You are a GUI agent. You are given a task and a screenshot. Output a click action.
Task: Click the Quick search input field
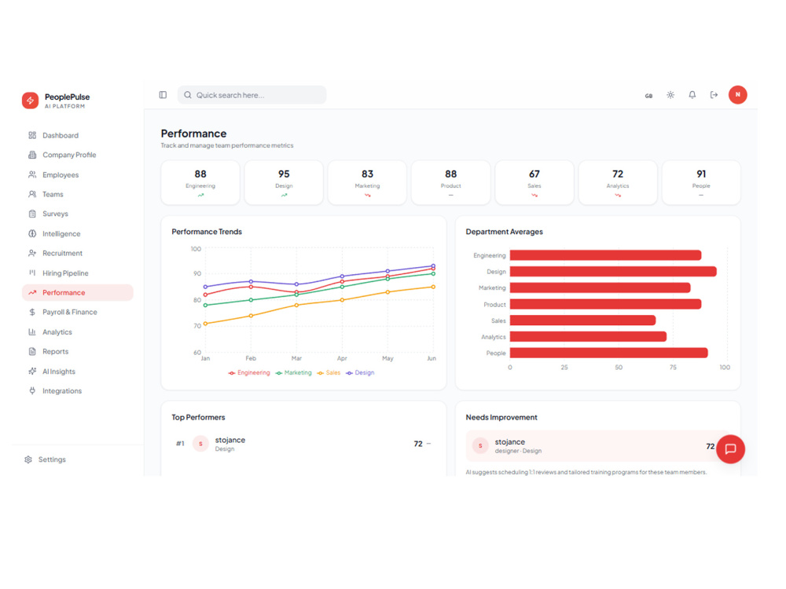pos(252,95)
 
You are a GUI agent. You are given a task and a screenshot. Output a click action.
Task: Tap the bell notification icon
pos(692,95)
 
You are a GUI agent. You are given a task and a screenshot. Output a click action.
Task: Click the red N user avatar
pos(737,95)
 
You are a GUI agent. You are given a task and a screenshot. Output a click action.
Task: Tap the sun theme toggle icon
pos(670,95)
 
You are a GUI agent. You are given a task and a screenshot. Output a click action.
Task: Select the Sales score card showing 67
pos(534,183)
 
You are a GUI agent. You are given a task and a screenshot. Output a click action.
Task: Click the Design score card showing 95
pos(284,183)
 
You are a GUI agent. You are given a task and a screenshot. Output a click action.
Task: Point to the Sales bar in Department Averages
pos(582,320)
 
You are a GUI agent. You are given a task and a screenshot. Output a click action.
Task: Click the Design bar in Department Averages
pos(613,272)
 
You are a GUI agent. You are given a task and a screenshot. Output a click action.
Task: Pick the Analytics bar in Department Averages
pos(588,337)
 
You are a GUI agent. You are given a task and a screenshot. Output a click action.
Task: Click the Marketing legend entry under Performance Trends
pos(294,372)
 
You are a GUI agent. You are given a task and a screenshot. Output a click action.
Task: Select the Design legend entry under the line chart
pos(361,372)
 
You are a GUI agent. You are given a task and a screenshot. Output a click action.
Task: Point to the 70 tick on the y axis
pos(197,326)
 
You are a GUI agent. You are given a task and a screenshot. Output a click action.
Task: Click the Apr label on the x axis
pos(342,359)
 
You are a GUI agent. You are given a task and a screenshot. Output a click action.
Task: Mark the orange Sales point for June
pos(433,287)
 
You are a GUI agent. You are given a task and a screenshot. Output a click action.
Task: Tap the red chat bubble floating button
pos(730,448)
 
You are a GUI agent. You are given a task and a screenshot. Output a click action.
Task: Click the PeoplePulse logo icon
pos(30,101)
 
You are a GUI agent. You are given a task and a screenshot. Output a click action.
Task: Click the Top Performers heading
pos(199,417)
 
